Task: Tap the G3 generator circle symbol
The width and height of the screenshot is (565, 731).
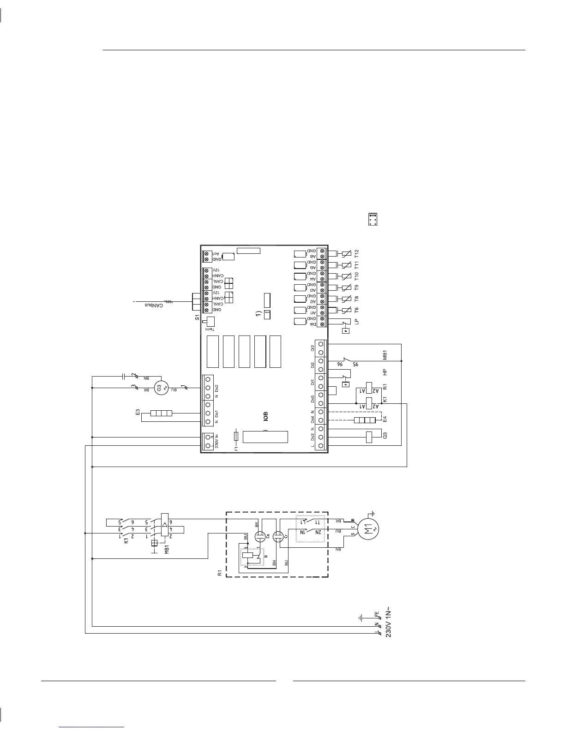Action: tap(160, 388)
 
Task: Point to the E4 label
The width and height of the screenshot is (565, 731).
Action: tap(385, 420)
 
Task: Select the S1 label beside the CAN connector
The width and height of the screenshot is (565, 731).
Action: tap(197, 318)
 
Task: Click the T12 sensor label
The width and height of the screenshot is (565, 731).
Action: tap(356, 253)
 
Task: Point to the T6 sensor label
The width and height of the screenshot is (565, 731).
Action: tap(356, 310)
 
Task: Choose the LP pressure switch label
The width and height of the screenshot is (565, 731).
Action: tap(356, 321)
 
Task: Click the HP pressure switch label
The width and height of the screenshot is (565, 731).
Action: tap(385, 371)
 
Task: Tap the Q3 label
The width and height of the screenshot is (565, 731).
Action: tap(385, 437)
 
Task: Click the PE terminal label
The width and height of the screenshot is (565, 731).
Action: tap(377, 615)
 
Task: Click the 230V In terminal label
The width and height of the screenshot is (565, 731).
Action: tap(216, 441)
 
